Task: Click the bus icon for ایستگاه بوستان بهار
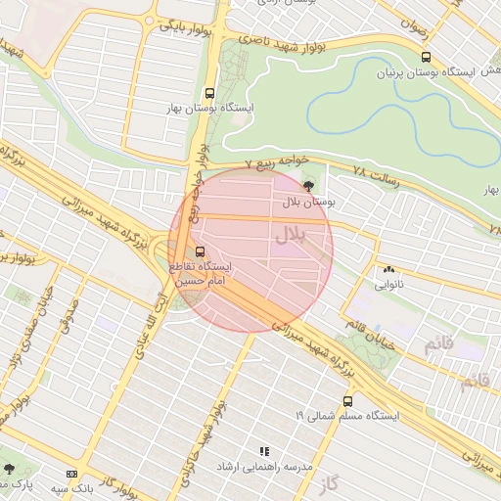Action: [208, 93]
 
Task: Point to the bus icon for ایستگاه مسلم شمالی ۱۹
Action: [348, 400]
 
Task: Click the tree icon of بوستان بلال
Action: [309, 185]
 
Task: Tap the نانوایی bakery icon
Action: [388, 270]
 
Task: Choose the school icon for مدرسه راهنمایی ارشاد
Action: [263, 451]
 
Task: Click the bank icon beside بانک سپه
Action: [70, 473]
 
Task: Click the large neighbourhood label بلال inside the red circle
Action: [290, 235]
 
